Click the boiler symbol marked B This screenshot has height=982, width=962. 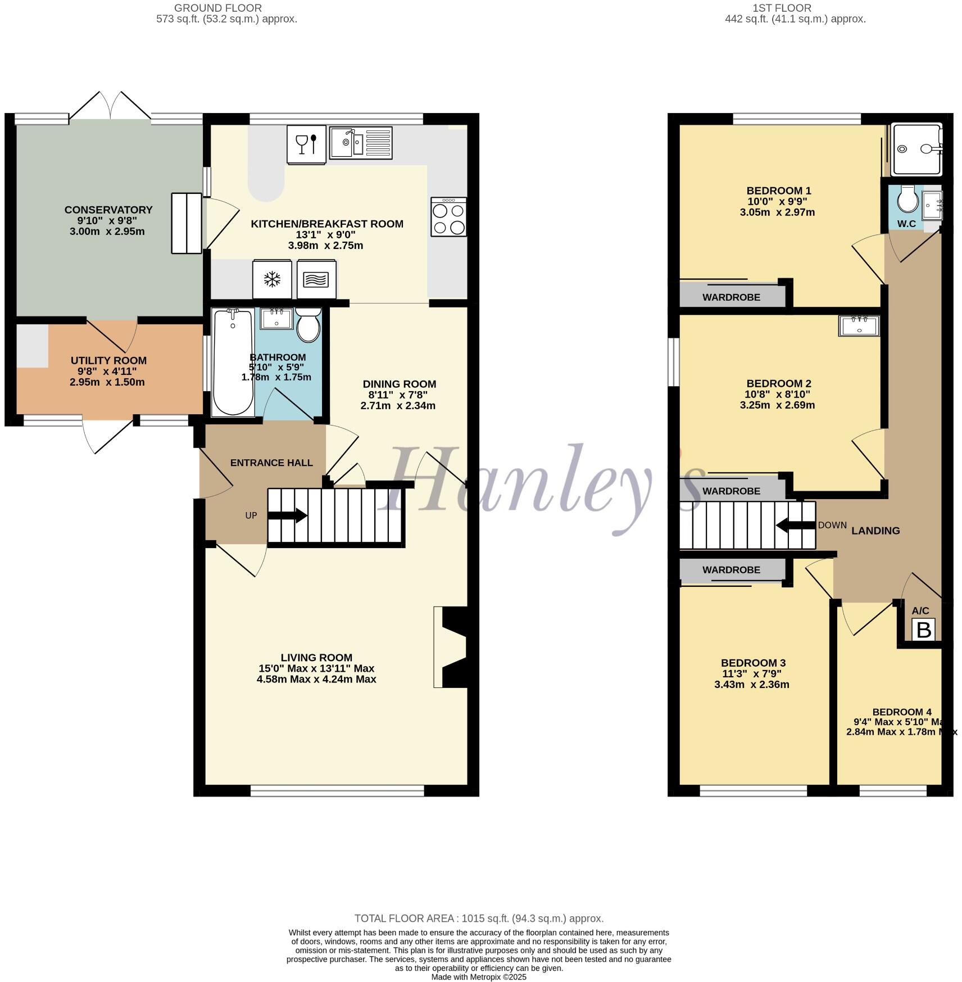coord(924,630)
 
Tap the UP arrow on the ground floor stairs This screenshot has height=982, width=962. coord(287,515)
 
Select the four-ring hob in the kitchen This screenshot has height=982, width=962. coord(448,216)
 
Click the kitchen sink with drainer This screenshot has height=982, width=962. coord(360,143)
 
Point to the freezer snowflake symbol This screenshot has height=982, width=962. coord(273,279)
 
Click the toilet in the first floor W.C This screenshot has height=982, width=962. coord(907,199)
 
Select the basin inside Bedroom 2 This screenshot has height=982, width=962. coord(859,325)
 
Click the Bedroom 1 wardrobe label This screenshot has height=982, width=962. coord(731,297)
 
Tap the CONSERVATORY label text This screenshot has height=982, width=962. coord(108,210)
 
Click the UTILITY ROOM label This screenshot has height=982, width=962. coord(108,360)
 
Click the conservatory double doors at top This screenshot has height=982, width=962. coord(110,107)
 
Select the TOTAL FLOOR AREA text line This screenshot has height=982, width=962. coord(479,918)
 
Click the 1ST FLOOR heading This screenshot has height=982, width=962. coord(782,8)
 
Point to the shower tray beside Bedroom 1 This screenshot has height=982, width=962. coord(916,149)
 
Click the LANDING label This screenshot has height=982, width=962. coord(875,531)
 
